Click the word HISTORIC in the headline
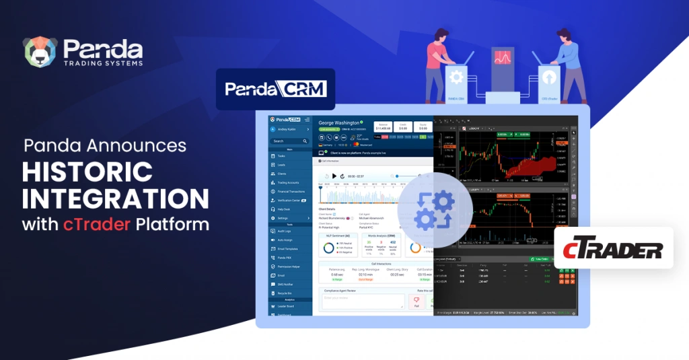point(87,172)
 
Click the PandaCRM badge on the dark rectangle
point(275,89)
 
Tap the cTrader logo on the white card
point(614,251)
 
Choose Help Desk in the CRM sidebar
point(285,209)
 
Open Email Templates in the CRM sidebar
point(289,249)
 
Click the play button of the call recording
point(334,176)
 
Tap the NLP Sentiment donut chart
point(329,248)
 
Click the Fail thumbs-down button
point(416,302)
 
